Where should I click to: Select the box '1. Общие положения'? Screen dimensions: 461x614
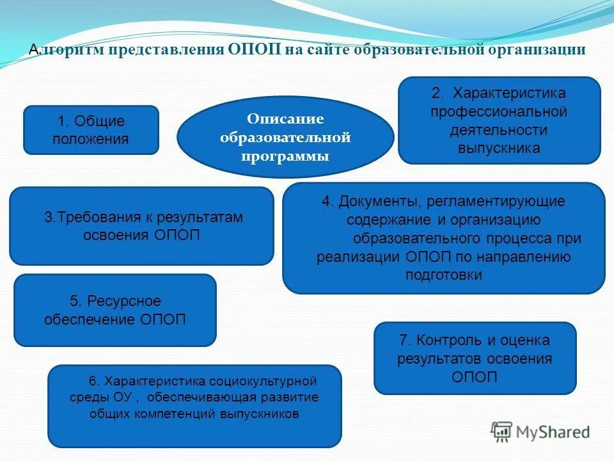91,130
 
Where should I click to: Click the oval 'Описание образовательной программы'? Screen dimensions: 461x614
285,137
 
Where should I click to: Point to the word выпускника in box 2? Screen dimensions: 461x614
499,148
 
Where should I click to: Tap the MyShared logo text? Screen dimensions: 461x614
553,432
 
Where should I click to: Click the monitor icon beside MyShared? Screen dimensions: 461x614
502,431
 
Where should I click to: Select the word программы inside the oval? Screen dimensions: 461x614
285,156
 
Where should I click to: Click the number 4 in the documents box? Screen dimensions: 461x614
326,201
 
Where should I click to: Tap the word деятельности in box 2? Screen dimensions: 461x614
499,130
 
